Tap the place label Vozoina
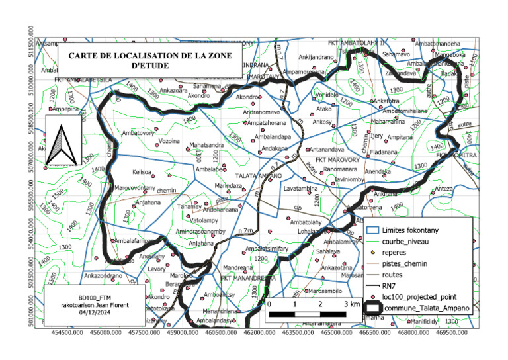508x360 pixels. tap(170, 141)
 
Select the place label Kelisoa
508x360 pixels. tap(142, 172)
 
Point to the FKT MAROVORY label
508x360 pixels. tap(337, 160)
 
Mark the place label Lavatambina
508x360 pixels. tap(302, 189)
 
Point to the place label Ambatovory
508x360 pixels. tap(138, 133)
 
